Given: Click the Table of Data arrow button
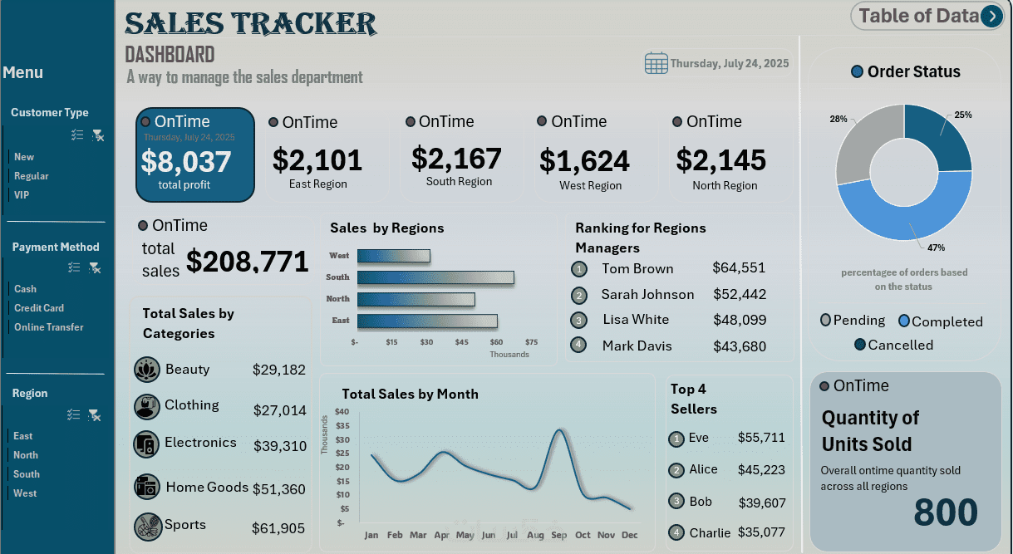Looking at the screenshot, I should [991, 16].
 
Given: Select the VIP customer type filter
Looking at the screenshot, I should [22, 195].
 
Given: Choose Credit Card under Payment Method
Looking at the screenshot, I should [39, 308].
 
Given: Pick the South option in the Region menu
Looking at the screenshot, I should [27, 474].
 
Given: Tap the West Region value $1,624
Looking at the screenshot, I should [584, 160].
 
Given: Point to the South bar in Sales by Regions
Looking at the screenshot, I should [435, 277].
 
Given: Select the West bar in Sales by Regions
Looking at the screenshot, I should [393, 256].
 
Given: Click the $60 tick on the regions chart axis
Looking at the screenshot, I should [496, 342].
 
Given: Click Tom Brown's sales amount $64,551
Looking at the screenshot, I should [739, 268].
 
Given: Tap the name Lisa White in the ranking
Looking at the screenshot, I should [636, 320].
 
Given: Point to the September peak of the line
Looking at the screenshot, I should [559, 429].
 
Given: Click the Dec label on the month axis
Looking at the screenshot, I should [630, 536].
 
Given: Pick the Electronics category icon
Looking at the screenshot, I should [146, 444].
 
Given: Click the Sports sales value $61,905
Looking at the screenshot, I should [278, 528].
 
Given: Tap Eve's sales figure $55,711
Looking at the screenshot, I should [760, 438].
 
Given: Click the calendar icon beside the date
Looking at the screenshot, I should [656, 63].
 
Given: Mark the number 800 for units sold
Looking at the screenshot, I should [946, 513].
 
